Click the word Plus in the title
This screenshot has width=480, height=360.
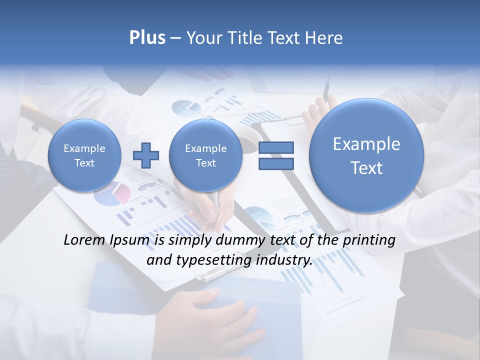[147, 38]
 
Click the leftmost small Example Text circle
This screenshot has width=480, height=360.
[84, 155]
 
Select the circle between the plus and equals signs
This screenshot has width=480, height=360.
[205, 155]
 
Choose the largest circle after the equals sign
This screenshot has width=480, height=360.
[366, 155]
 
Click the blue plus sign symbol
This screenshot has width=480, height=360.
[146, 155]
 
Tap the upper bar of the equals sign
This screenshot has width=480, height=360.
[276, 147]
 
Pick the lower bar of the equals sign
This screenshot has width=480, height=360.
[276, 163]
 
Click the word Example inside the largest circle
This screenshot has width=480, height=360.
[366, 144]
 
